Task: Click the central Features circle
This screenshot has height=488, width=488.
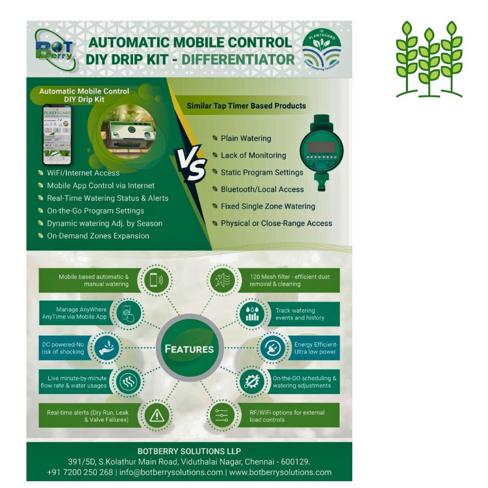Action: click(x=189, y=348)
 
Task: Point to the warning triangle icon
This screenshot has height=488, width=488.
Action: click(x=157, y=416)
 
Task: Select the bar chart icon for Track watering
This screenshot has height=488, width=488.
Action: click(x=252, y=313)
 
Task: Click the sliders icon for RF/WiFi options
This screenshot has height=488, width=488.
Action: click(x=222, y=416)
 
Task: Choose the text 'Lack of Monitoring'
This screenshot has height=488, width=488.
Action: click(x=253, y=155)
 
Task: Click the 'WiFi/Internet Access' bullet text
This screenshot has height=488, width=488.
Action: click(x=83, y=172)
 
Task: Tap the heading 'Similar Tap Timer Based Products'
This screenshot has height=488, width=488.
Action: click(x=246, y=105)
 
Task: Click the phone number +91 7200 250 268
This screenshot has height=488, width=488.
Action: click(x=80, y=472)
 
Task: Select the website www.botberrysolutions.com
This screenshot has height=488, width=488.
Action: click(x=280, y=472)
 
